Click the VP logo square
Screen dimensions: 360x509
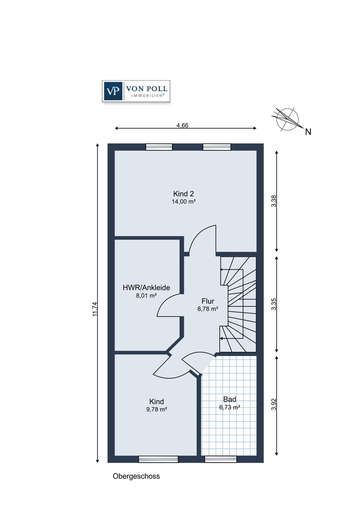coord(113,91)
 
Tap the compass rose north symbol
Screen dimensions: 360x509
coord(287,119)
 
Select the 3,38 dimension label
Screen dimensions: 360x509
coord(274,201)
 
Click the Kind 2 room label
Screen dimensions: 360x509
coord(183,194)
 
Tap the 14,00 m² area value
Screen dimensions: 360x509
coord(184,202)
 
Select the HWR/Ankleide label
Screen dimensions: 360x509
coord(146,288)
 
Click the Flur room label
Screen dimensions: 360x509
coord(208,301)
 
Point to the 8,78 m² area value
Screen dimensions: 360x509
coord(208,309)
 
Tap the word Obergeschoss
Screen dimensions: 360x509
coord(136,476)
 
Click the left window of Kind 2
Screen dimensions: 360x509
coord(159,147)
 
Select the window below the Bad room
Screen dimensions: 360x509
coord(221,459)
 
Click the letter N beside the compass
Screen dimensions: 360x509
coord(308,132)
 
